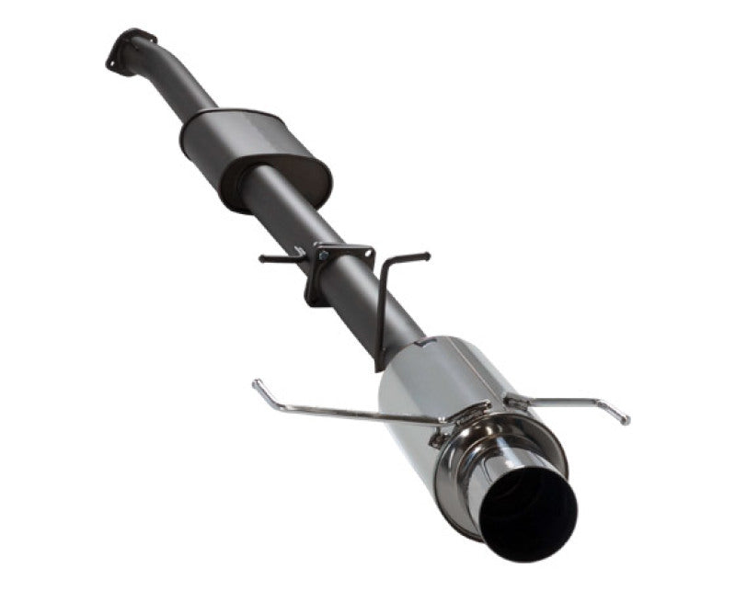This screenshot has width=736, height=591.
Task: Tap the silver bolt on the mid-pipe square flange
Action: click(x=322, y=256)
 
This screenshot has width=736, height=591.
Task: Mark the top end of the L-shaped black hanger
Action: click(x=425, y=255)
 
